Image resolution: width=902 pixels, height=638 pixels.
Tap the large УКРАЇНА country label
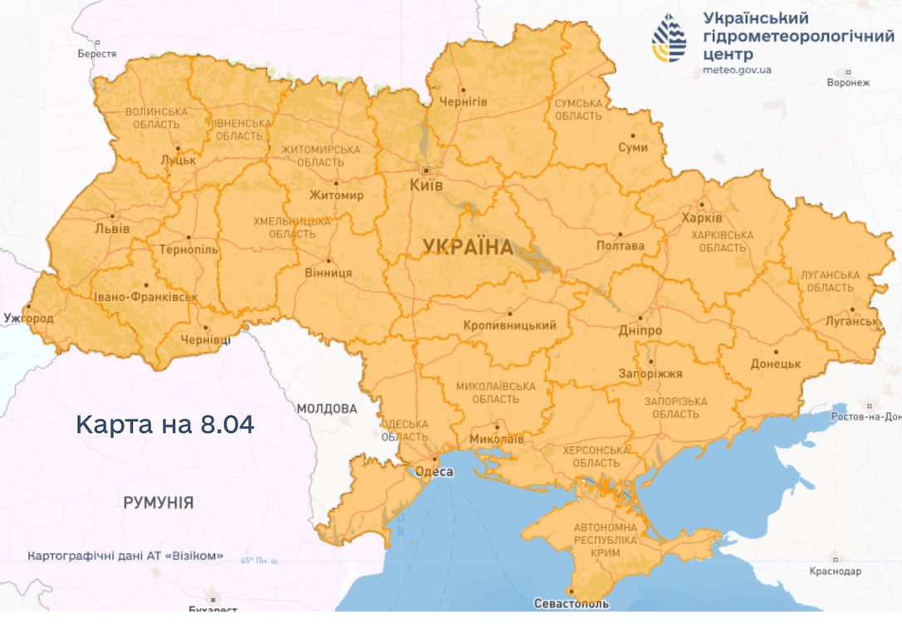(x=468, y=246)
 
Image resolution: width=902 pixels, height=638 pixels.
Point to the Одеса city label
(x=433, y=472)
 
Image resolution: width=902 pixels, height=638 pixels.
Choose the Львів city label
(x=112, y=228)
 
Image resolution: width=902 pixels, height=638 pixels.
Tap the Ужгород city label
(x=28, y=318)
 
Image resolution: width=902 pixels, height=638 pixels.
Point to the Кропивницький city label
(x=508, y=326)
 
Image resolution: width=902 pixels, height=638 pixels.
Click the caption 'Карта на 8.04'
(x=164, y=425)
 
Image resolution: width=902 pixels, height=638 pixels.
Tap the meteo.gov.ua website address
(x=737, y=70)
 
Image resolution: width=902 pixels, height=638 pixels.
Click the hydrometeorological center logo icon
(x=669, y=38)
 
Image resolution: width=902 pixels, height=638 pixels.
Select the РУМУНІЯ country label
(x=159, y=503)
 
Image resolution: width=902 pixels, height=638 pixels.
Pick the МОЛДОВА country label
(x=326, y=409)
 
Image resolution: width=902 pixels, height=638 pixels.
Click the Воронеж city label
(x=848, y=83)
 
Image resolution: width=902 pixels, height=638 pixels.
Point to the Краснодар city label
(x=836, y=572)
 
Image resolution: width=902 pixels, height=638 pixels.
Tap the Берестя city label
(x=97, y=53)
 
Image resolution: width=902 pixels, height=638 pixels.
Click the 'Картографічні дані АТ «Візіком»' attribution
(x=125, y=556)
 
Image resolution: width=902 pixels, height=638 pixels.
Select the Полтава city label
(x=620, y=246)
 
